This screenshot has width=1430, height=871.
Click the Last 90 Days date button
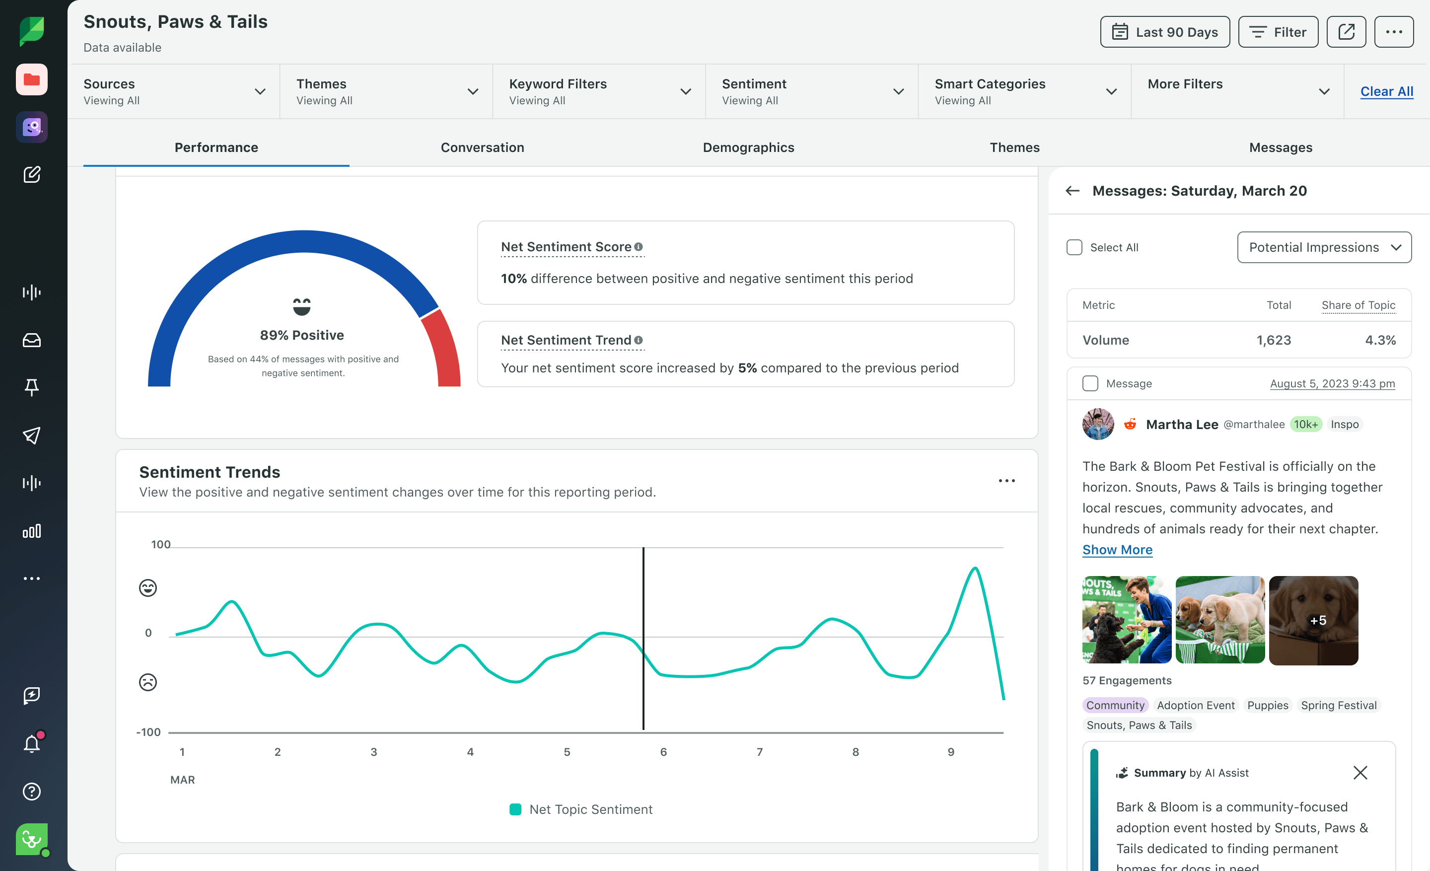tap(1164, 32)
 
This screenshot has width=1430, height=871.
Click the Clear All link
tap(1386, 91)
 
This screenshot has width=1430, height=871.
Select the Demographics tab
tap(748, 147)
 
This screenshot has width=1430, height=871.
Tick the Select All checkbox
tap(1074, 247)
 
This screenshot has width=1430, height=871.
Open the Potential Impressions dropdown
tap(1324, 247)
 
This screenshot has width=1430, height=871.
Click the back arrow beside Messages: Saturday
tap(1072, 191)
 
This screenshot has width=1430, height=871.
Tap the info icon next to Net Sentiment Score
tap(639, 247)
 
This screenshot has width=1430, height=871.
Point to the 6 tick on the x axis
tap(663, 751)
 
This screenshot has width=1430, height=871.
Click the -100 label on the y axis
tap(148, 732)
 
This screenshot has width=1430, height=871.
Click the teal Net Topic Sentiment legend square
tap(515, 809)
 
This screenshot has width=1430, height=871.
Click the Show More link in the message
tap(1117, 550)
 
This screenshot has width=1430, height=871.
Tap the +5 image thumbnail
tap(1313, 620)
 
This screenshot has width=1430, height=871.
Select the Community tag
tap(1115, 705)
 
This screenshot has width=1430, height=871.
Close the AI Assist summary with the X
tap(1360, 772)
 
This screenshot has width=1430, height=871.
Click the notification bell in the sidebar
tap(32, 743)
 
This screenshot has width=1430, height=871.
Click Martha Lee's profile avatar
tap(1097, 424)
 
